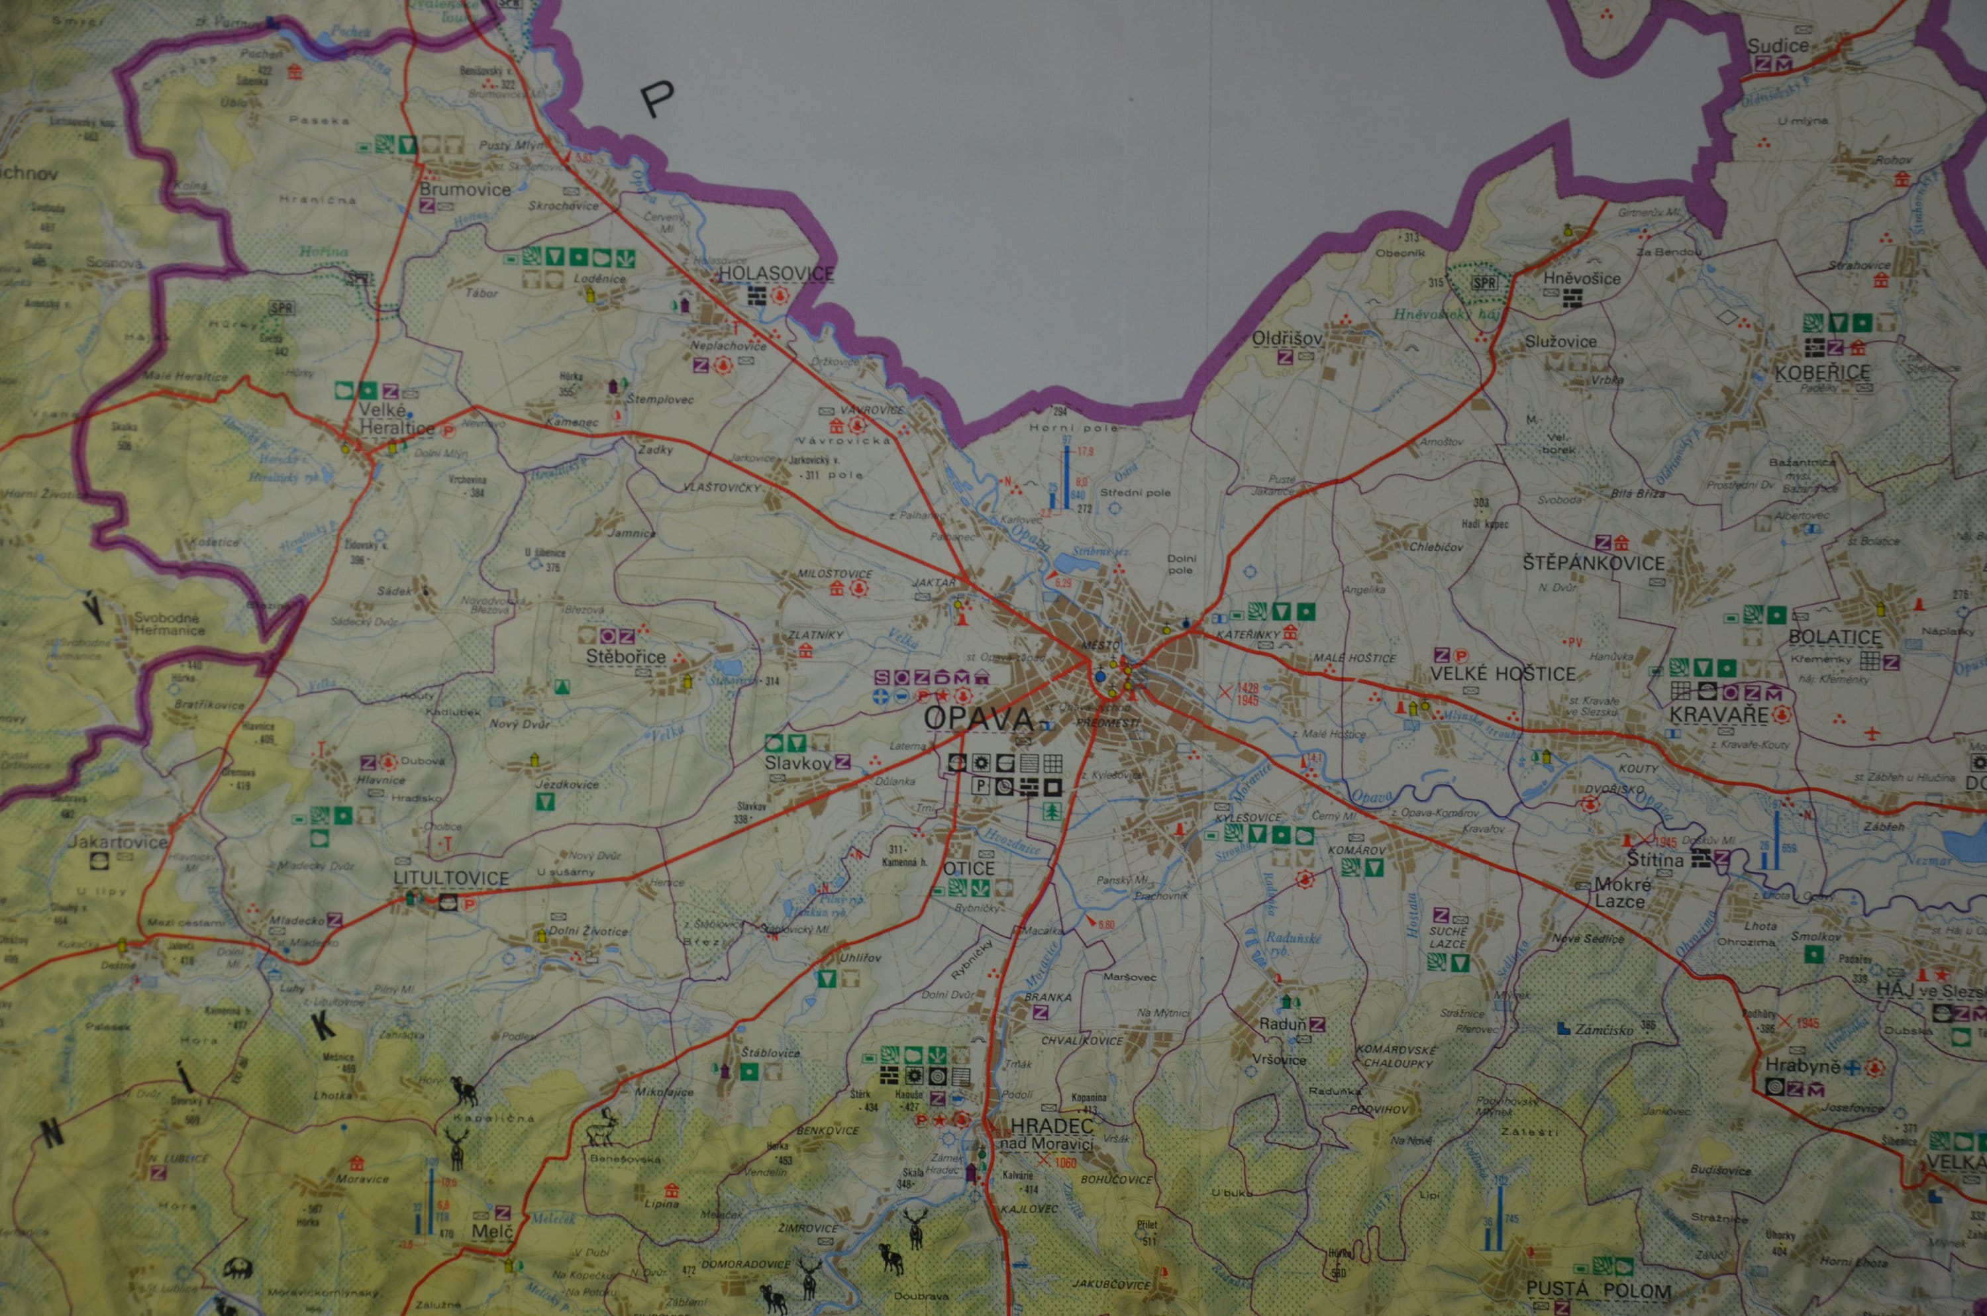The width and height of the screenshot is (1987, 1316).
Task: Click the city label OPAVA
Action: (978, 719)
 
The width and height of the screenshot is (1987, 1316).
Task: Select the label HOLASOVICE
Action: (776, 274)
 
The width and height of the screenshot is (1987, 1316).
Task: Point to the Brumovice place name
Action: (465, 189)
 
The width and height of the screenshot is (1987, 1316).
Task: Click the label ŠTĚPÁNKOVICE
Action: (1594, 563)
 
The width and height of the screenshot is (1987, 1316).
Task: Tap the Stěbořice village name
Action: (625, 657)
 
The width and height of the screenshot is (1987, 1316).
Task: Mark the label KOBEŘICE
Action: (1821, 372)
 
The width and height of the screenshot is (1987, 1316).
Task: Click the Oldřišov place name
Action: (1286, 338)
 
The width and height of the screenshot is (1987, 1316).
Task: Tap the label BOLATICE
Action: (1835, 637)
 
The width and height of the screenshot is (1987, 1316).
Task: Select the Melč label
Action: (491, 1231)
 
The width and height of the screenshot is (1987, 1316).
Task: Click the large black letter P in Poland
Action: (657, 100)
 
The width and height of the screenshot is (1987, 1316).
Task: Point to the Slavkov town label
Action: (797, 763)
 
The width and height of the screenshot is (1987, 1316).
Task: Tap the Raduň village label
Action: (1283, 1024)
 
